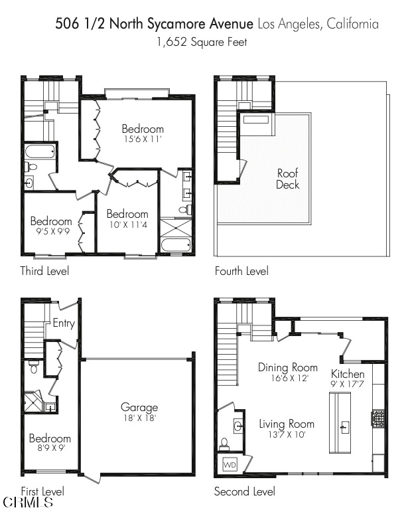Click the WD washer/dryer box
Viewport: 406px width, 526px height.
click(x=230, y=464)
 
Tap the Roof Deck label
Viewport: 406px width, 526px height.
click(x=288, y=179)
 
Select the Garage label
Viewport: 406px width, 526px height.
click(x=139, y=407)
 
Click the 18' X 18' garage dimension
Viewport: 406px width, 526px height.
click(x=139, y=418)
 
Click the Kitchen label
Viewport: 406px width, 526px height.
click(x=348, y=375)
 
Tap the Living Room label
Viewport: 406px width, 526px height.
click(x=287, y=424)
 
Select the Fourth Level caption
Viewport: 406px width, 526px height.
click(x=241, y=271)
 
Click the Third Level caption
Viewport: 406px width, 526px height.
click(x=44, y=271)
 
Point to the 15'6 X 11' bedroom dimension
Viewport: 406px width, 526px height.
click(x=142, y=139)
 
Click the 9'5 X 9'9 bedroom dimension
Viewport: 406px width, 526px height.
click(x=50, y=232)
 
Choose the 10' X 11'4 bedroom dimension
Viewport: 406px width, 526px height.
click(x=127, y=225)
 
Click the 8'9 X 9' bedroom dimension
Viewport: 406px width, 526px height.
click(x=50, y=448)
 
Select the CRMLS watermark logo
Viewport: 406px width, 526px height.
click(x=29, y=503)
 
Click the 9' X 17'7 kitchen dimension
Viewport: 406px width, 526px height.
click(x=348, y=385)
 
